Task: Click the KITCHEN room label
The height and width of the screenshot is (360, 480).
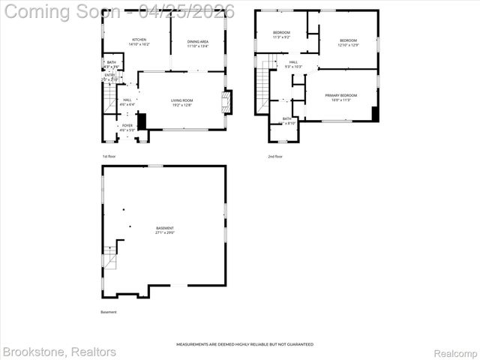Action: click(x=139, y=42)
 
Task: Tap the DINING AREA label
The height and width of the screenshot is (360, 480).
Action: click(x=198, y=42)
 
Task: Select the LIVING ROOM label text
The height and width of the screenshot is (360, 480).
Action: click(x=182, y=103)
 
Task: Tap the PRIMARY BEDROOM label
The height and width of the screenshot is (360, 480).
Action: click(x=340, y=97)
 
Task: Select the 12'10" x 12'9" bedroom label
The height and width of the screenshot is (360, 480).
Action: click(x=348, y=43)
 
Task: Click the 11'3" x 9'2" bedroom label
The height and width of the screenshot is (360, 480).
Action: click(x=281, y=35)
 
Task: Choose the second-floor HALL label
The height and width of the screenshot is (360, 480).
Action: click(x=293, y=64)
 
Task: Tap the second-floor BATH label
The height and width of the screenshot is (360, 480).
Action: click(x=287, y=121)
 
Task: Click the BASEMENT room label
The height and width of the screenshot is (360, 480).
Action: click(x=165, y=230)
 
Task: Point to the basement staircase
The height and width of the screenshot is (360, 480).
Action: click(x=109, y=258)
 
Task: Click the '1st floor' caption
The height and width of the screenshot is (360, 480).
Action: click(x=109, y=156)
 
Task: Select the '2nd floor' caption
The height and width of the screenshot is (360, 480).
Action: click(x=275, y=156)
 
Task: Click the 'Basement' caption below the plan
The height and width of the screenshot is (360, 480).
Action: click(x=109, y=312)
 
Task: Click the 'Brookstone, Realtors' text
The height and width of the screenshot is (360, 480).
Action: click(x=60, y=352)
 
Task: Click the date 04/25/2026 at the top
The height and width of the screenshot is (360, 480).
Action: click(x=191, y=11)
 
